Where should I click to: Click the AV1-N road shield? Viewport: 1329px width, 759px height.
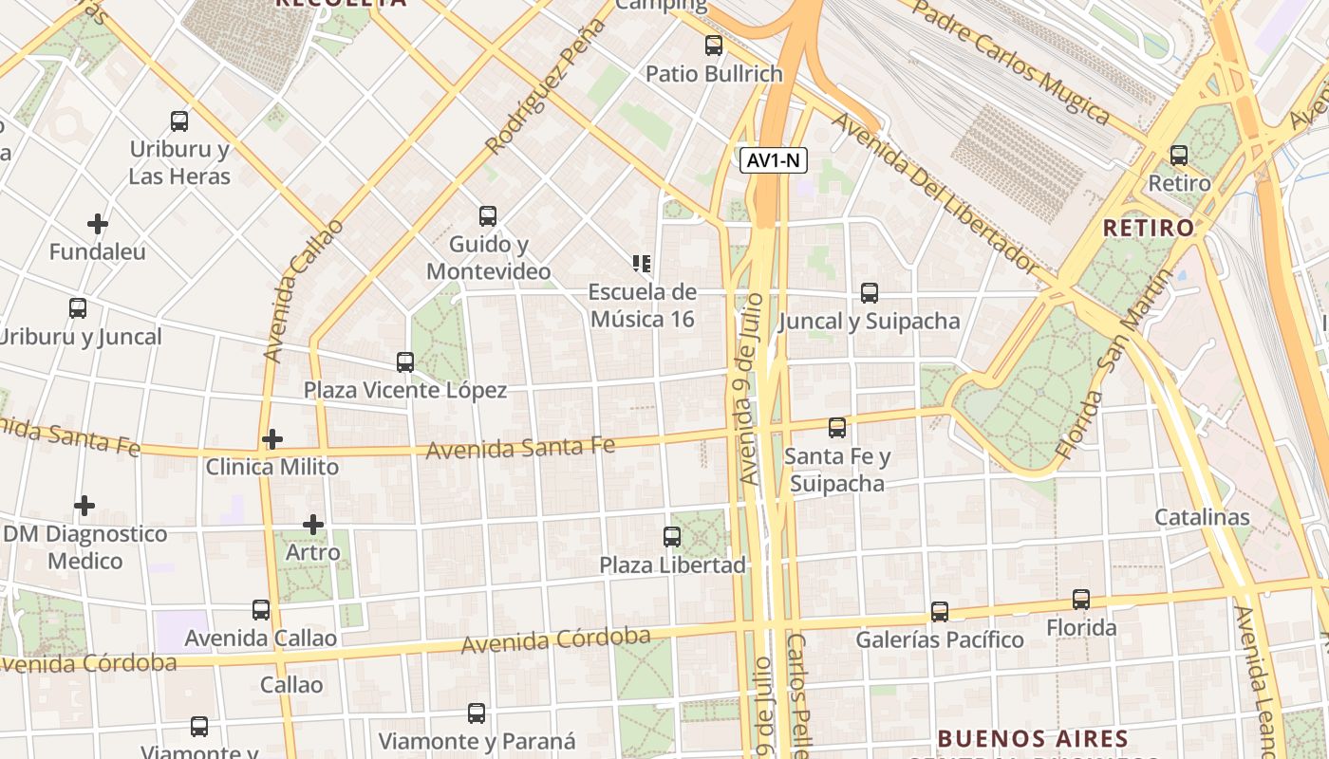tap(774, 160)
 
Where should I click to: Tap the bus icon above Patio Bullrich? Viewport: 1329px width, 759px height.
tap(714, 45)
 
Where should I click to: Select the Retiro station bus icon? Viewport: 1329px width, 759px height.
tap(1179, 155)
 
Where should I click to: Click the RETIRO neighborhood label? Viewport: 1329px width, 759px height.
tap(1149, 228)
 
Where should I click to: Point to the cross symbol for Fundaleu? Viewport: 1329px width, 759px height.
tap(98, 224)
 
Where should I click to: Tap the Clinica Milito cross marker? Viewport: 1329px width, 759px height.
tap(272, 438)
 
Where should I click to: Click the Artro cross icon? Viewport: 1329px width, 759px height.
tap(313, 524)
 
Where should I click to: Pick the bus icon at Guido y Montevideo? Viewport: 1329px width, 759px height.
tap(488, 215)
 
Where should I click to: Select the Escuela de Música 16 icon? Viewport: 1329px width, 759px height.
tap(642, 264)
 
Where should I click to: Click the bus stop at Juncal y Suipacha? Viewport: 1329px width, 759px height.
tap(870, 292)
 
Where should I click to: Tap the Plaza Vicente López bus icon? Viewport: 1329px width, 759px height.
tap(405, 361)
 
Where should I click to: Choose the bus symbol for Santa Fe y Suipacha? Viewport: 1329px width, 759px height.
tap(837, 428)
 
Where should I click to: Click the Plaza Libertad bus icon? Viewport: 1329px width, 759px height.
tap(672, 536)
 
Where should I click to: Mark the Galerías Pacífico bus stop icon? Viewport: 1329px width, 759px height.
tap(940, 611)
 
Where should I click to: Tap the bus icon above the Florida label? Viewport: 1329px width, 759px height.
tap(1081, 599)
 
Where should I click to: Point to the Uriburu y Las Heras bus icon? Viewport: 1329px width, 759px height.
tap(179, 120)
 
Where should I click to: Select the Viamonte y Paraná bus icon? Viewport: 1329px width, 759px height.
tap(477, 713)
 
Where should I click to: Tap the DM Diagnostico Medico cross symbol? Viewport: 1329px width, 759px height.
tap(84, 505)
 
